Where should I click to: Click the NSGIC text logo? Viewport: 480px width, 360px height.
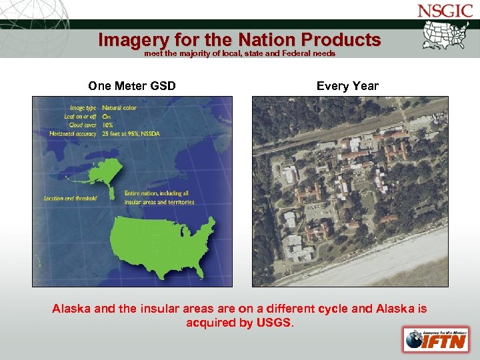(x=445, y=11)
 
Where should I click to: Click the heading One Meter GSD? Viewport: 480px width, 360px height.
(x=132, y=86)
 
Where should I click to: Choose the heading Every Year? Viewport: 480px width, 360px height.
(x=347, y=86)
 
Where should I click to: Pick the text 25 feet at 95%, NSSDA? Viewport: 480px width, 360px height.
(x=131, y=133)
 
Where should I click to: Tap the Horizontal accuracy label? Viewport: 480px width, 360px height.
(x=73, y=133)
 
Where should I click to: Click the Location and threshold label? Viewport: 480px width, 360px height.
(x=71, y=198)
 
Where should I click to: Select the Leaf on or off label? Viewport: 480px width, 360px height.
(x=80, y=115)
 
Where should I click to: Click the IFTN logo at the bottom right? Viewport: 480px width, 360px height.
(x=435, y=339)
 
